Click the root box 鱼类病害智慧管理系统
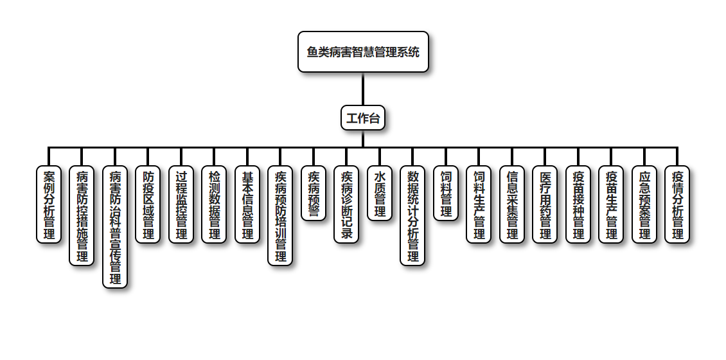[363, 51]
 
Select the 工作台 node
[363, 118]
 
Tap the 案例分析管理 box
[49, 204]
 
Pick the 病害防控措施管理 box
[82, 215]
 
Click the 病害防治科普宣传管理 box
[115, 227]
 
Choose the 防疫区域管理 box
[148, 204]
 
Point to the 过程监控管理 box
[181, 204]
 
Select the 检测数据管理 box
[215, 204]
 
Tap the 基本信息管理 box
[247, 204]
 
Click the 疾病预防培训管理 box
[280, 215]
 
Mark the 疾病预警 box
[314, 194]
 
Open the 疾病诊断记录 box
[346, 204]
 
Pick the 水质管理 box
[380, 194]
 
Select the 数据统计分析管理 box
[412, 215]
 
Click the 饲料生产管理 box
[479, 204]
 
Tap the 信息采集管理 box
[512, 204]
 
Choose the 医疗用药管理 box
[545, 204]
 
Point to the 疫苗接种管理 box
[578, 204]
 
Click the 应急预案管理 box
[644, 204]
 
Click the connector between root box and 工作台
[363, 89]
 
